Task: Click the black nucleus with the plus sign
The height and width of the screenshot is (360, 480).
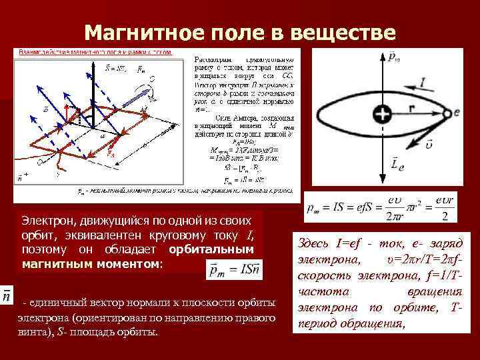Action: [x=381, y=114]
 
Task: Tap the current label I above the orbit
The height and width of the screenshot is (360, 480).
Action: [x=424, y=83]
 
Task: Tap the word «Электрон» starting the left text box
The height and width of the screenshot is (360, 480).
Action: [x=45, y=219]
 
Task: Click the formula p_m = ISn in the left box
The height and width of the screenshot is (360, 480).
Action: [x=225, y=270]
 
